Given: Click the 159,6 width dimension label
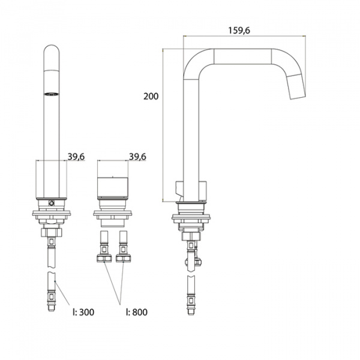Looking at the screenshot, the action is pos(239,31).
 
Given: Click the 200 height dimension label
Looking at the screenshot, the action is pos(151,96).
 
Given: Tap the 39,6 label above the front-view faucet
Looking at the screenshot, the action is pos(76,157).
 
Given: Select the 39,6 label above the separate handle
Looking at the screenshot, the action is pos(137,157).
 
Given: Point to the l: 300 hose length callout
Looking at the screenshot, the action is pos(83,312).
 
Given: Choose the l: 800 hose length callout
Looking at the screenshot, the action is pos(137,312).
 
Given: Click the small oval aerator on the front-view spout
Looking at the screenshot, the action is pos(51,94).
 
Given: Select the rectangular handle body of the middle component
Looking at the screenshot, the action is pos(113,187).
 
